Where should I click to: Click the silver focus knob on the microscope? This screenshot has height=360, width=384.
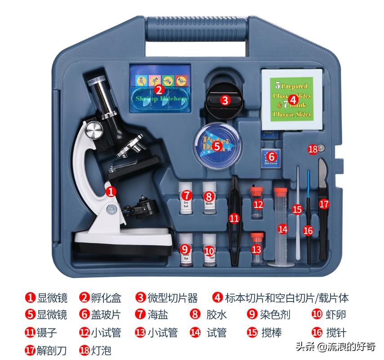pos(95,131)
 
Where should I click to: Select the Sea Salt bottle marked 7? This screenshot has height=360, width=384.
pos(186,198)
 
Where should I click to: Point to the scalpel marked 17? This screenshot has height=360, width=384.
pos(324,202)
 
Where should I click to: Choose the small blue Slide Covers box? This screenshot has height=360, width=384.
pos(271,157)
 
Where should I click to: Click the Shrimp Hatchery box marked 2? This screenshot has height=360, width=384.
pos(160,89)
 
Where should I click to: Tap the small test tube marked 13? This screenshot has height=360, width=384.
pos(257,249)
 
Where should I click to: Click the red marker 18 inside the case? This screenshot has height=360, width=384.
pos(313,149)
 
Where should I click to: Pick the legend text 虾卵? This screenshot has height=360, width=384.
pos(336,315)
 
